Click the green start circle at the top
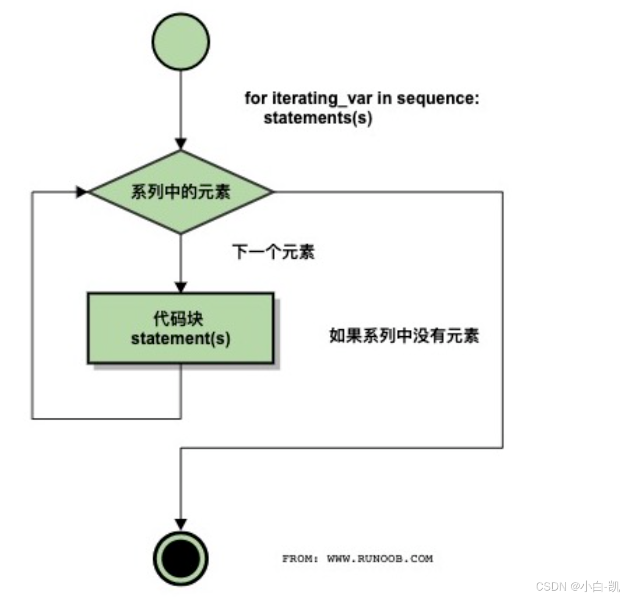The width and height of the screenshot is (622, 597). point(180,42)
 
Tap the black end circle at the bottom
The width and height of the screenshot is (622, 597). point(180,558)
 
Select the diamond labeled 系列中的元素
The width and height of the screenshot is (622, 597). point(180,192)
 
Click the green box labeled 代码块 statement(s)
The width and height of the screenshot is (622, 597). point(180,328)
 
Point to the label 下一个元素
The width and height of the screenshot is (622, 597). point(273,252)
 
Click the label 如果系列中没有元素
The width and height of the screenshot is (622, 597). point(404,336)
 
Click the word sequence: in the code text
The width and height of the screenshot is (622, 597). point(438,98)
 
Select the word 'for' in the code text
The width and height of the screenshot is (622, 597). point(256,98)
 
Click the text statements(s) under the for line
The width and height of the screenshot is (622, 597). point(318,117)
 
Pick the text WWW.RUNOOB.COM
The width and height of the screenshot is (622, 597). point(380,559)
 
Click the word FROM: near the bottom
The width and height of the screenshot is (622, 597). point(300,559)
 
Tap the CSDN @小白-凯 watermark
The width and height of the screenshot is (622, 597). point(578,586)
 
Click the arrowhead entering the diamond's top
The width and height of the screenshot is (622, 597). point(180,144)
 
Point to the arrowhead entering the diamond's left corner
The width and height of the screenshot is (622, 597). point(81,192)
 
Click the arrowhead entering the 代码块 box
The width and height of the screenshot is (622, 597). point(180,287)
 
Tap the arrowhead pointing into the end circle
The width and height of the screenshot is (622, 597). point(180,524)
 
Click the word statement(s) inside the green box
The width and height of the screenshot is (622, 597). point(180,338)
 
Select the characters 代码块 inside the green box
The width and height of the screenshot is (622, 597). point(178,319)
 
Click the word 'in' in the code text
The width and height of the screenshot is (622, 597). point(384,98)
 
